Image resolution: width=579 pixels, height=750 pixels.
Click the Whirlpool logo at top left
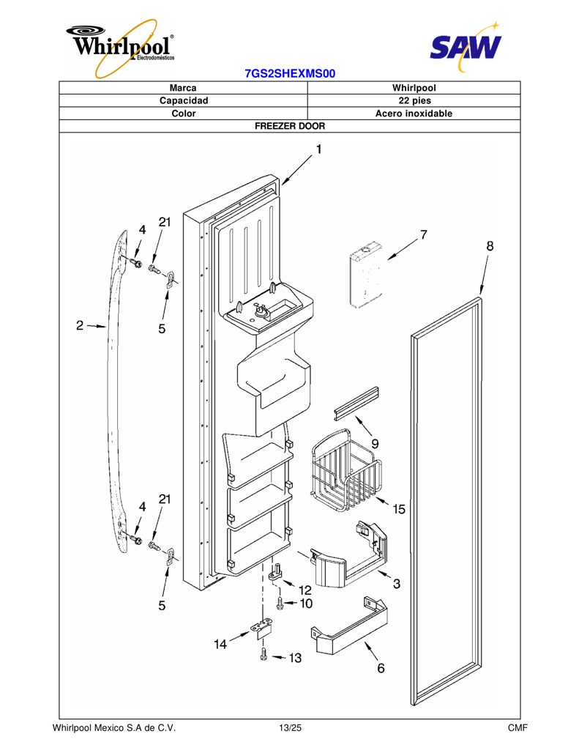122,48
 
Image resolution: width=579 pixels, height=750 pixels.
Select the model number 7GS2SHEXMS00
290,74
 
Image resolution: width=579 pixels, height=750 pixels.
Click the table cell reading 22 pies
414,100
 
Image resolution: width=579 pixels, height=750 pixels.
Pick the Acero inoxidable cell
414,114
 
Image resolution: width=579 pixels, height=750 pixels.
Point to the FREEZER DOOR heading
290,126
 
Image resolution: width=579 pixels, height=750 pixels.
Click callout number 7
424,235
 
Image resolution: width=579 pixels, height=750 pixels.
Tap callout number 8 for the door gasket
490,246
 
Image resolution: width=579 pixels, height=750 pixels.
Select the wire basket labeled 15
347,471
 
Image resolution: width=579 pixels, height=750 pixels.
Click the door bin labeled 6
349,624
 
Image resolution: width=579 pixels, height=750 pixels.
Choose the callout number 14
220,645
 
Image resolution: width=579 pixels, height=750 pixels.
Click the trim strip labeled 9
356,404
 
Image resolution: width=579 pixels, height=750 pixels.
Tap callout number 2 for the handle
80,326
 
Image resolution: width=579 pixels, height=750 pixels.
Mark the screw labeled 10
280,603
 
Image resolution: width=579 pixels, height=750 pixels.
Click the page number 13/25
290,728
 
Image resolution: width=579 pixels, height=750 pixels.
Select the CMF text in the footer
518,728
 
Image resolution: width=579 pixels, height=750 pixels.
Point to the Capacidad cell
184,100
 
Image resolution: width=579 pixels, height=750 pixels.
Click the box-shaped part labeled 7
365,275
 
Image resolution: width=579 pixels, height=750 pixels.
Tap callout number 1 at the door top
319,149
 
